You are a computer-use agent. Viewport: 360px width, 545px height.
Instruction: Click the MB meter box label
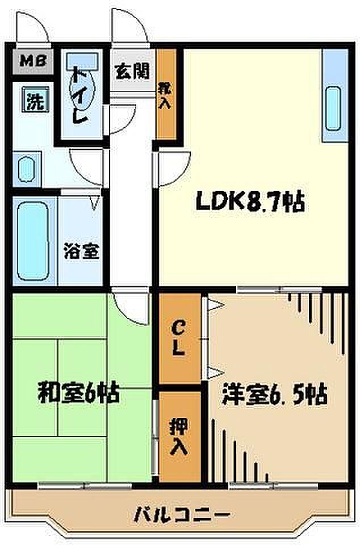pos(33,61)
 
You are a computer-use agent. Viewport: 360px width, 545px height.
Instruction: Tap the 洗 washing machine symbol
pos(35,99)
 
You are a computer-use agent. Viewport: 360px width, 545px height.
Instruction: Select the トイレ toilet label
pos(79,95)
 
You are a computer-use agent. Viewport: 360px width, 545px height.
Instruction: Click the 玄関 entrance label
pos(132,71)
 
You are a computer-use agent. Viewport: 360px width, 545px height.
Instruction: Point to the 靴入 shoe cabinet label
pos(165,95)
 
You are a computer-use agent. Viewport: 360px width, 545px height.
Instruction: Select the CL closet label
pos(178,338)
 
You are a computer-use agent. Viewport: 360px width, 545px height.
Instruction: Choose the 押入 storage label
pos(179,437)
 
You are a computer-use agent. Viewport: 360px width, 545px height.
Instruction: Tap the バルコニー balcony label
pos(182,514)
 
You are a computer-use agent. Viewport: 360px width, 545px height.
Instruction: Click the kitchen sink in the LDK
pos(333,109)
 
